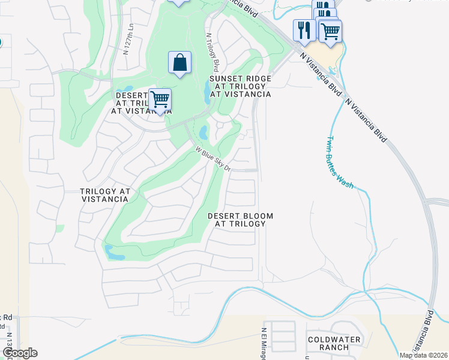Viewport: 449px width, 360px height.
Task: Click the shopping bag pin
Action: pos(179,62)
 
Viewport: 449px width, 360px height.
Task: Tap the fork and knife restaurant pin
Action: pos(304,30)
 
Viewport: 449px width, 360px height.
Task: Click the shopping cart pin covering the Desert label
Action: pos(160,100)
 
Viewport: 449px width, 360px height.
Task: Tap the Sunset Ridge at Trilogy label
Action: pos(240,86)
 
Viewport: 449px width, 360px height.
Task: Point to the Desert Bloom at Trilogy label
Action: pos(240,220)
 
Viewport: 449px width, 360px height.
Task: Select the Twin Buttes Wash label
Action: pos(339,162)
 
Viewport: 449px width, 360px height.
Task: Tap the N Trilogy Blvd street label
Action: pos(211,52)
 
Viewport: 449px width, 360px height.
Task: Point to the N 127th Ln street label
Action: pos(127,40)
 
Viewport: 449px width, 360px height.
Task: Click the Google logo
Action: pos(19,353)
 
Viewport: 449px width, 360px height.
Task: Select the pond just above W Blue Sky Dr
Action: pos(203,132)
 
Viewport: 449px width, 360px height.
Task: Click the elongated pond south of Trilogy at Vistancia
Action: pos(114,253)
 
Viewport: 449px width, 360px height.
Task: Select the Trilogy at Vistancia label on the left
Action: pos(105,195)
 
